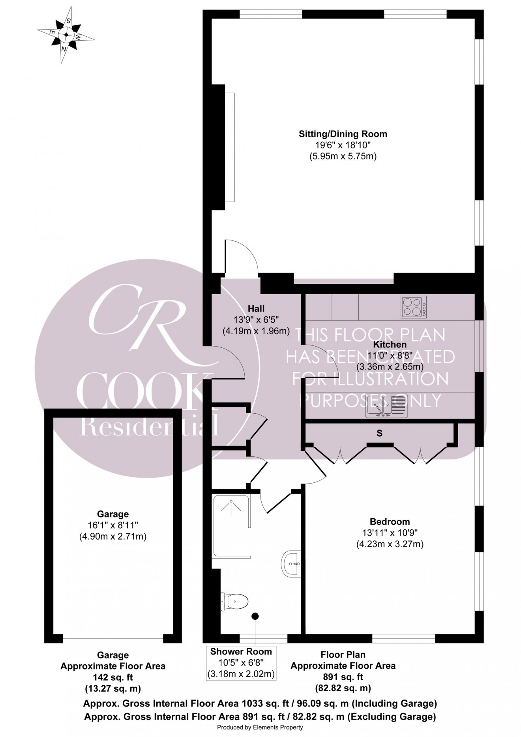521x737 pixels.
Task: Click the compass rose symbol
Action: coord(66,35)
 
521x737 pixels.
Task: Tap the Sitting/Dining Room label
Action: coord(343,134)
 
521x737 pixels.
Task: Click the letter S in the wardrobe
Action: coord(379,433)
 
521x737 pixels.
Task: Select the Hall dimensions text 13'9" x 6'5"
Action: coord(256,320)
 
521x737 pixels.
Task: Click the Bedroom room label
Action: coord(390,521)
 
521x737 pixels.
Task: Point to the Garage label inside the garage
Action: coord(113,514)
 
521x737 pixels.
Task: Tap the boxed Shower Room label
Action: coord(241,651)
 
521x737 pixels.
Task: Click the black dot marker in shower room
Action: coord(255,615)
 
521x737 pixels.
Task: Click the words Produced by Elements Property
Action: coord(260,727)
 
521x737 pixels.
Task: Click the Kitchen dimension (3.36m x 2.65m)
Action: coord(390,366)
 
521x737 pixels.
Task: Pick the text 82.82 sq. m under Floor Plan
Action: coord(343,688)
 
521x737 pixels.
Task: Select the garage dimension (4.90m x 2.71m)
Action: coord(113,536)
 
